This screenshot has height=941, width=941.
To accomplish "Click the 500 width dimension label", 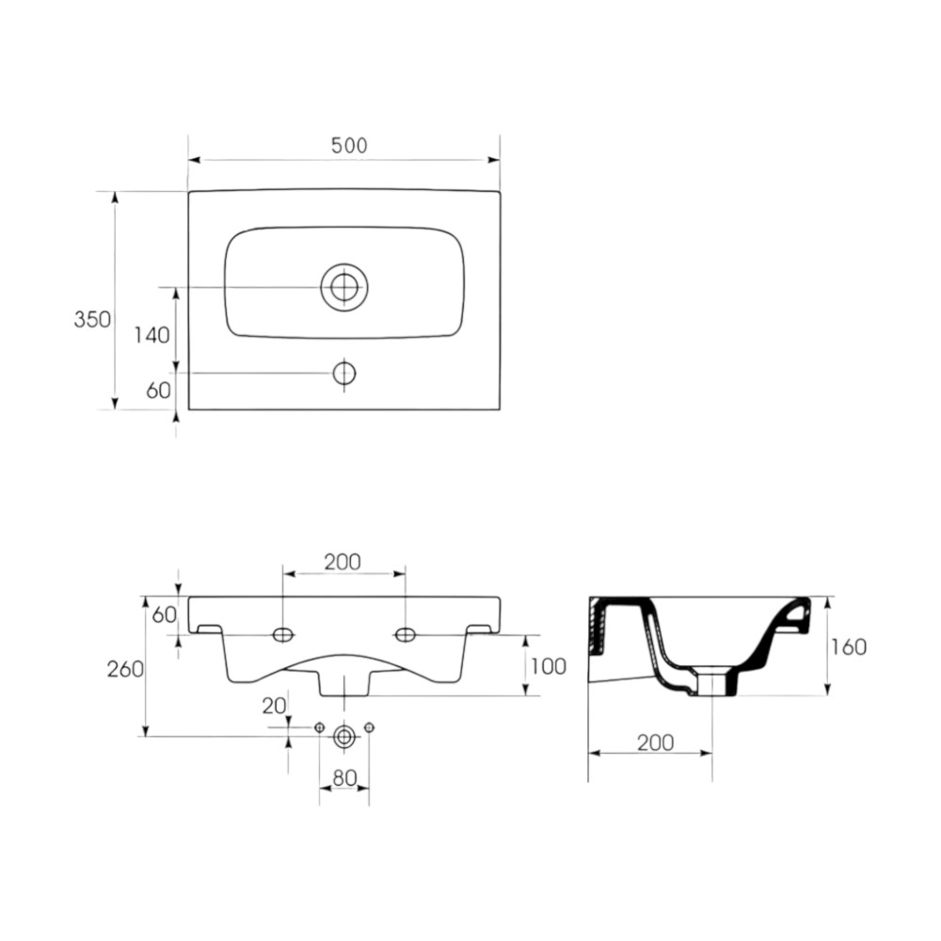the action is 349,145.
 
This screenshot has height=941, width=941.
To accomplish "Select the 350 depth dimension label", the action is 92,319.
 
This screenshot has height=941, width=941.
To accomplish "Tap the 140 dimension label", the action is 152,335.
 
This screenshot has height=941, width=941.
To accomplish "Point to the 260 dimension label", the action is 125,668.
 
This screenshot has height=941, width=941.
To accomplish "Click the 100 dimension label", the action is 549,666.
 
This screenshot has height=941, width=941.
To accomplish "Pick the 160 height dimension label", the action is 849,647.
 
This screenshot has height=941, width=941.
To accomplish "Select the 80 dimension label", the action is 344,778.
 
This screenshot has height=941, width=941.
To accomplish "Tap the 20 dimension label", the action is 274,707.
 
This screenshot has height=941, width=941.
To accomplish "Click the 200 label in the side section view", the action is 655,743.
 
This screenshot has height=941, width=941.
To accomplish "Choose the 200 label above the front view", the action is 343,563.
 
